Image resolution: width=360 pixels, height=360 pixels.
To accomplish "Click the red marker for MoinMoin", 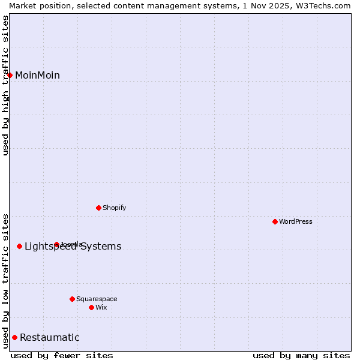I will [10, 75].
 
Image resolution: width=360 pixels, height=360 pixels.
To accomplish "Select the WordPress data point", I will [275, 221].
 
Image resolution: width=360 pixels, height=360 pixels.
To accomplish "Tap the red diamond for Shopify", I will [99, 208].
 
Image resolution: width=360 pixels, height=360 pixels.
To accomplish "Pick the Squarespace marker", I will [73, 299].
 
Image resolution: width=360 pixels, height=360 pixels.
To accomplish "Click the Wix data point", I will [92, 307].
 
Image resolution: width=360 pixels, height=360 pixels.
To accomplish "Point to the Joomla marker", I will [57, 244].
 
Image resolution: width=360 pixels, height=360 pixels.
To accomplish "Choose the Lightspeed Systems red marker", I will [20, 246].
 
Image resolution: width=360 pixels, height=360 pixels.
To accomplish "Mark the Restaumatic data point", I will [15, 337].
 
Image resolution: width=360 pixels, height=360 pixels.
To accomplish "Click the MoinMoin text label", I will [37, 75].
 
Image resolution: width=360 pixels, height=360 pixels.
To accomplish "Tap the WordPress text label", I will [296, 221].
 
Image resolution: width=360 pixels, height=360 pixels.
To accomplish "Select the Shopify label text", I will [114, 208].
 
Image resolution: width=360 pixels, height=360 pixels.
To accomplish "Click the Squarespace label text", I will [97, 299].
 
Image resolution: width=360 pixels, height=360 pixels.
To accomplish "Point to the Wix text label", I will [101, 307].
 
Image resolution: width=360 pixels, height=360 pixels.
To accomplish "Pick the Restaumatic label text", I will [49, 337].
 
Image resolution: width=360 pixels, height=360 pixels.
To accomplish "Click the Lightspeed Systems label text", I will [73, 246].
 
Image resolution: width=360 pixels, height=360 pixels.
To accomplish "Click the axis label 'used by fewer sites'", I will [62, 355].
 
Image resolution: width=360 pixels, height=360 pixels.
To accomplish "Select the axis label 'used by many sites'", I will [301, 355].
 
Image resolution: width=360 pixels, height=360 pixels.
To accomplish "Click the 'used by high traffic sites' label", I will [6, 85].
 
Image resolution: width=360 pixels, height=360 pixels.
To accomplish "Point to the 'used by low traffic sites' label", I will [6, 280].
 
